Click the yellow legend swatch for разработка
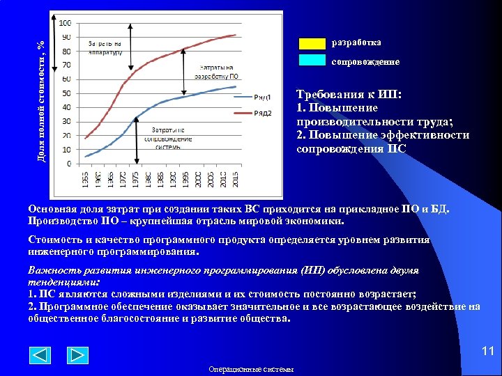pyautogui.click(x=312, y=43)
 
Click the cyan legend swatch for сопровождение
pyautogui.click(x=312, y=61)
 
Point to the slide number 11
pyautogui.click(x=487, y=352)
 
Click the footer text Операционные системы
pyautogui.click(x=251, y=369)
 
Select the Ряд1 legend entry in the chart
pyautogui.click(x=261, y=97)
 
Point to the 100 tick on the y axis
pyautogui.click(x=64, y=23)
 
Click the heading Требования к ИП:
pyautogui.click(x=339, y=94)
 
